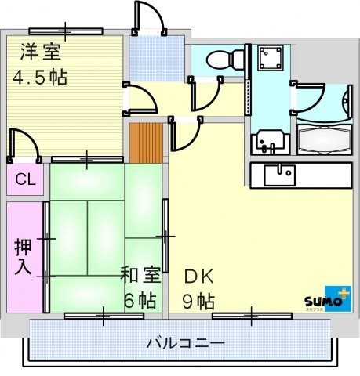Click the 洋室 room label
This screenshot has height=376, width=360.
pyautogui.click(x=39, y=52)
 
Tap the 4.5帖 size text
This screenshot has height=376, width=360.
pyautogui.click(x=39, y=77)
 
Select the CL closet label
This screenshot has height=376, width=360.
pyautogui.click(x=25, y=179)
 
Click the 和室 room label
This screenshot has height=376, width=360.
pyautogui.click(x=140, y=275)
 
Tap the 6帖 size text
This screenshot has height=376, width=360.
pyautogui.click(x=141, y=300)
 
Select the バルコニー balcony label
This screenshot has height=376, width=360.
pyautogui.click(x=186, y=342)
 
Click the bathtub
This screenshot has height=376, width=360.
pyautogui.click(x=324, y=142)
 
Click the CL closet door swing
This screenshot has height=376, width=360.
pyautogui.click(x=24, y=145)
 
